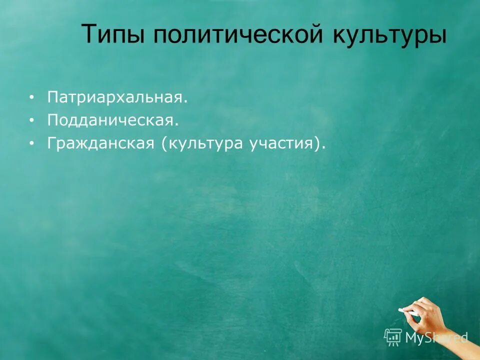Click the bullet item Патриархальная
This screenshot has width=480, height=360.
117,97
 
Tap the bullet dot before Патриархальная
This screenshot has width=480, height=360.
32,97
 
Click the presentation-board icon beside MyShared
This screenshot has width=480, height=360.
393,337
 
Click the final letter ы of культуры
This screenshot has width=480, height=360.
437,36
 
